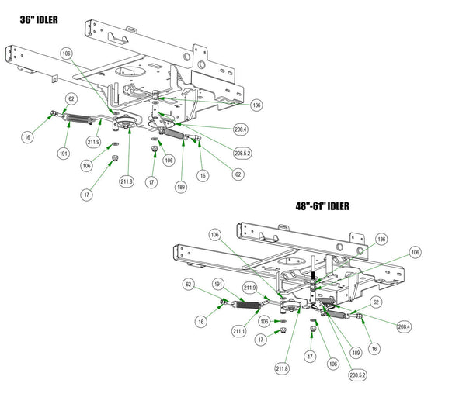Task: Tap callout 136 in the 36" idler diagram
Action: tap(257, 105)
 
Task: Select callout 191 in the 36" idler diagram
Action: tap(64, 154)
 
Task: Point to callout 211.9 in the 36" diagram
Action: tap(94, 142)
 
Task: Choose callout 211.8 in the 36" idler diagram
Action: tap(127, 181)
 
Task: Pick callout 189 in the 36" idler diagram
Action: tap(180, 187)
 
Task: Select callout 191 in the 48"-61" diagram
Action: tap(219, 284)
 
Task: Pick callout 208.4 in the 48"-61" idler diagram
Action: tap(404, 327)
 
